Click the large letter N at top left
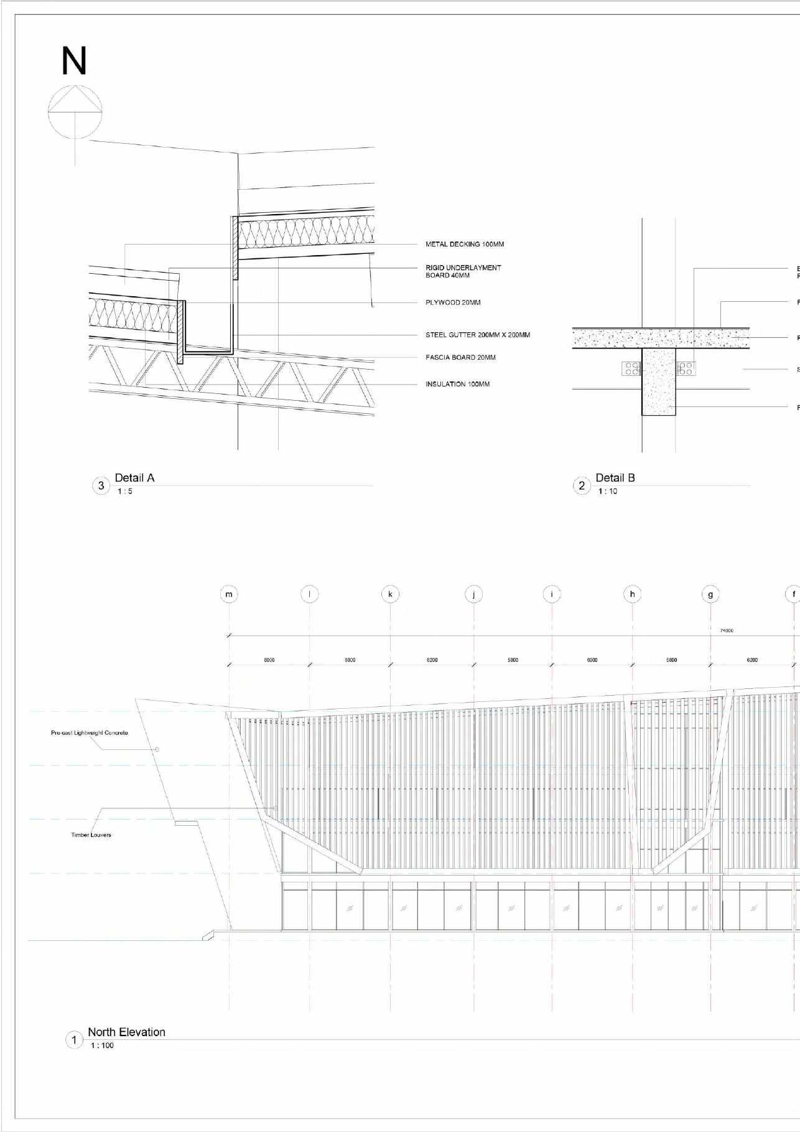[73, 62]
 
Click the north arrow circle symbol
[75, 111]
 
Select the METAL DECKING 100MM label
[464, 245]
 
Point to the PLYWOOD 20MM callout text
[452, 303]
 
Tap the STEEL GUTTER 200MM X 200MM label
[477, 335]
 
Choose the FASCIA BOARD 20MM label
[460, 358]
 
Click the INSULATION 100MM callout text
[457, 385]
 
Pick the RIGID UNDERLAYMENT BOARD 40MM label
[463, 271]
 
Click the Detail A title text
[134, 478]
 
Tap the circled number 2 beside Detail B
[582, 486]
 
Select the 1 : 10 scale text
[607, 492]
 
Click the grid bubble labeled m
[229, 594]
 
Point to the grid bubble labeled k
[390, 594]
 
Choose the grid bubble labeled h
[632, 594]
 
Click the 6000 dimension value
[592, 660]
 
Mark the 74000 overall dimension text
[726, 630]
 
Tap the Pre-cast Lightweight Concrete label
[90, 733]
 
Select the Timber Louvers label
[91, 835]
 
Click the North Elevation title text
[126, 1032]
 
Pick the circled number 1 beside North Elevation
[74, 1040]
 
